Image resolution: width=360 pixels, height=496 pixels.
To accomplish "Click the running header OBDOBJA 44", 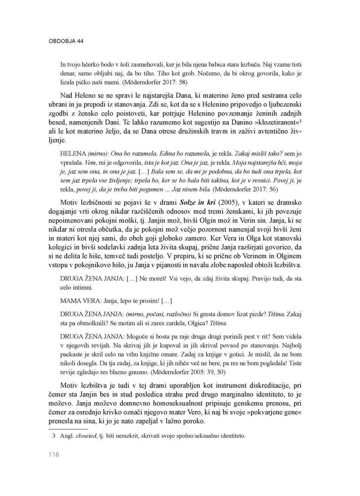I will point(66,41).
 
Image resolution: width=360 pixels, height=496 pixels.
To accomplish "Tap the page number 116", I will point(54,455).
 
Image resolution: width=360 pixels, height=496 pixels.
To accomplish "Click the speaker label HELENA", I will point(73,154).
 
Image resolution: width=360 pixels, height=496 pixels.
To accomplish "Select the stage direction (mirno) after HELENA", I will point(98,154).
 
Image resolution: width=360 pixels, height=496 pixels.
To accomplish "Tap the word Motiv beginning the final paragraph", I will point(71,386).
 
